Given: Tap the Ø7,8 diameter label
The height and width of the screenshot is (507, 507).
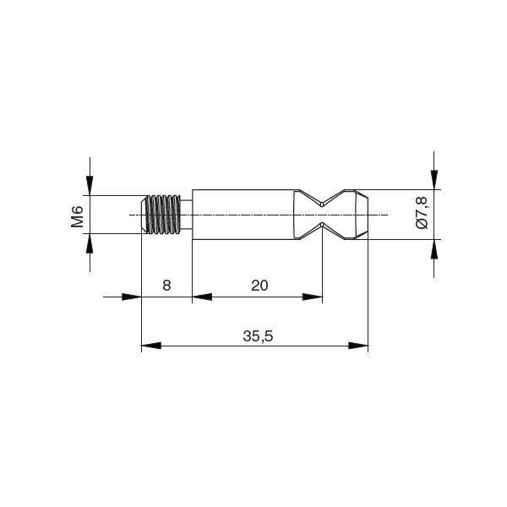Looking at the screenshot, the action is (x=422, y=213).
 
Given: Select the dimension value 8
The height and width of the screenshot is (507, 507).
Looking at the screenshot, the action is (x=166, y=286).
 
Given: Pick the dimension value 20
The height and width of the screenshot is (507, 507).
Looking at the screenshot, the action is (x=259, y=286).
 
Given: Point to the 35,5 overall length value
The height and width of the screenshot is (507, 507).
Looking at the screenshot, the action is (x=258, y=336).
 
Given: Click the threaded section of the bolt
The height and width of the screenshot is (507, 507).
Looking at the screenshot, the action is (x=161, y=215).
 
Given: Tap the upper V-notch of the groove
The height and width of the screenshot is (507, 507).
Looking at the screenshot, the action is (x=322, y=199).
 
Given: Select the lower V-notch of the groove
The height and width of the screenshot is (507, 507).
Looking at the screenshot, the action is (x=322, y=231).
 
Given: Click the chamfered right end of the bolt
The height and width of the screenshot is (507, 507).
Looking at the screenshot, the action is (x=362, y=215).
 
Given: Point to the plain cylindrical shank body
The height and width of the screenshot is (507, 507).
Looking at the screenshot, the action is (x=243, y=215).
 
